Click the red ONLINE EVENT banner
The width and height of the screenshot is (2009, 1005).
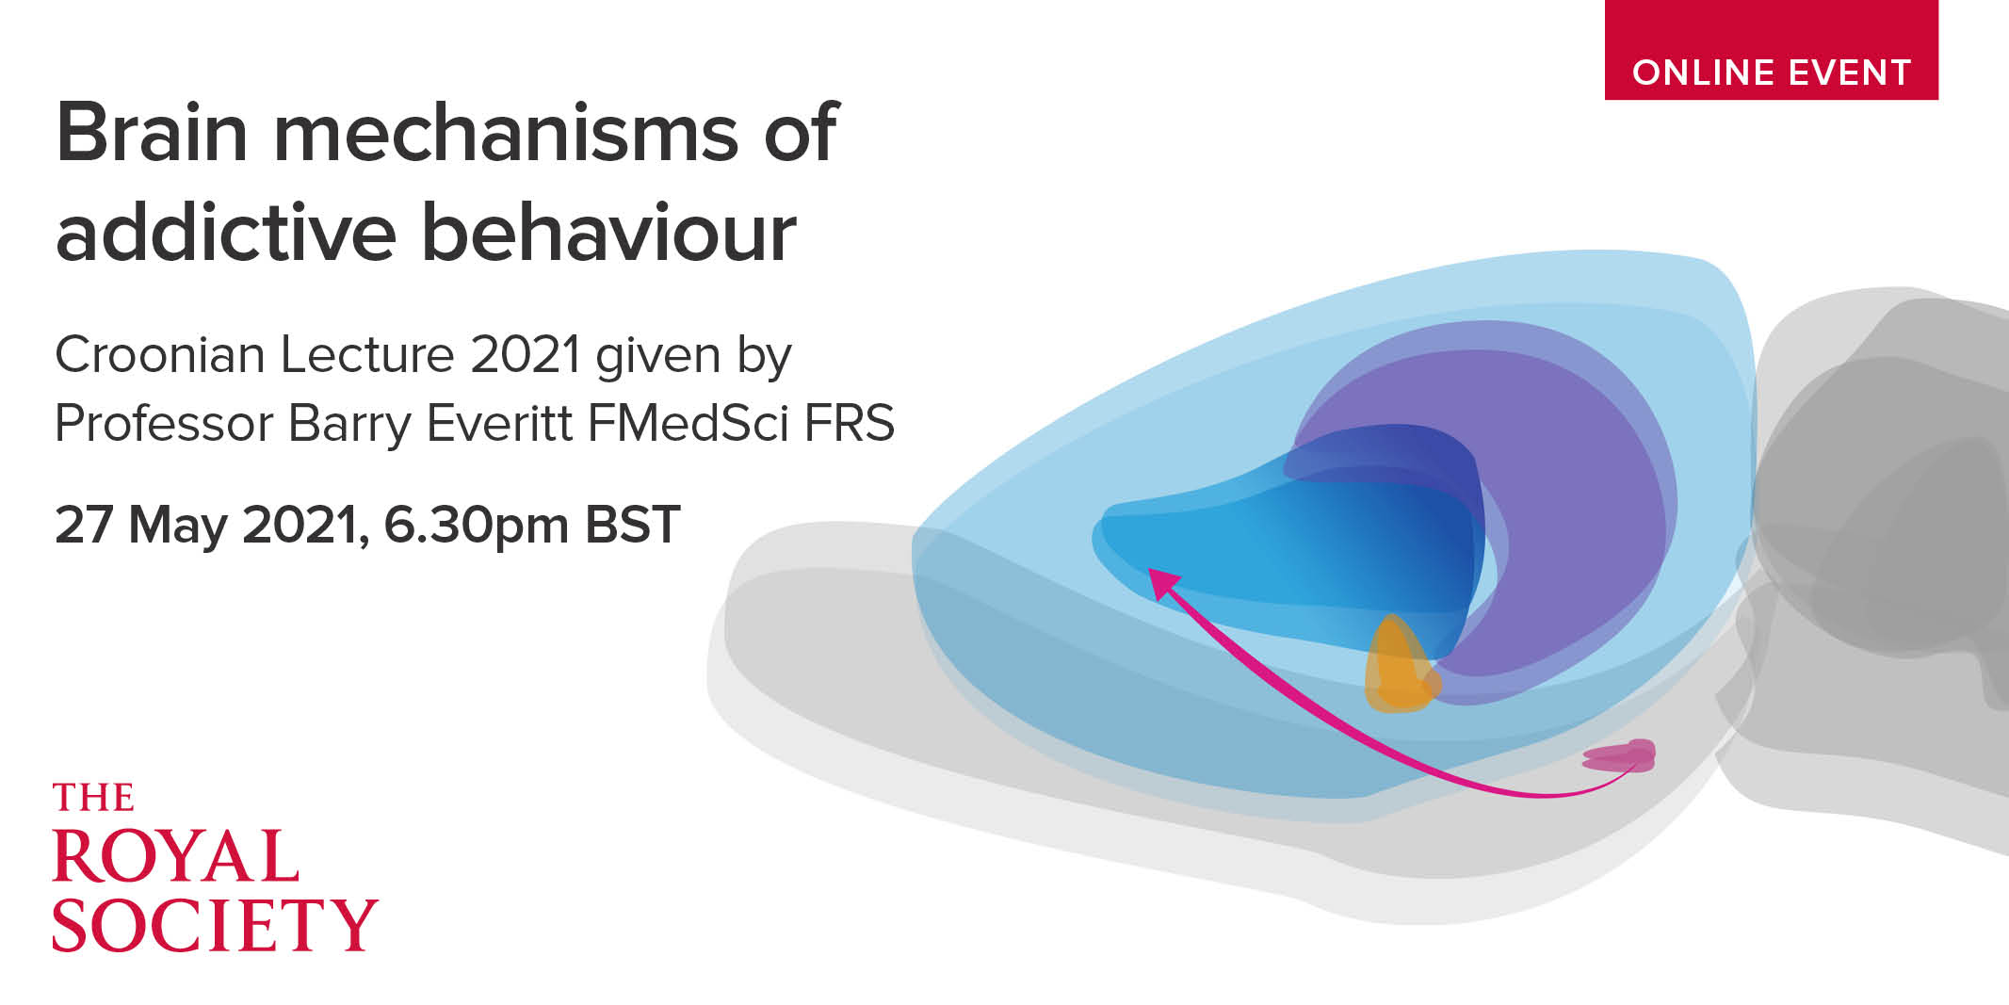(x=1771, y=49)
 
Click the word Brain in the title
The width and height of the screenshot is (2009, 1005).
(x=153, y=133)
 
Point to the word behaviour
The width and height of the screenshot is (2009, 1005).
(x=608, y=232)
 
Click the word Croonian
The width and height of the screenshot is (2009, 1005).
(x=160, y=356)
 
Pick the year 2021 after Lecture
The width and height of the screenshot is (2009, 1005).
(x=526, y=356)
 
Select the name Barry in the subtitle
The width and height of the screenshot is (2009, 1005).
(x=350, y=425)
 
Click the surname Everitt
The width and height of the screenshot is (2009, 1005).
(x=500, y=423)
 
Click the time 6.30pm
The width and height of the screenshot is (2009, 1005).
(x=477, y=526)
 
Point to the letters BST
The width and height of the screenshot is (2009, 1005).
(x=632, y=524)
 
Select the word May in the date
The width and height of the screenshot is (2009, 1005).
(x=178, y=526)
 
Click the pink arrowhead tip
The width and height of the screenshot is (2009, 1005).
(x=1150, y=570)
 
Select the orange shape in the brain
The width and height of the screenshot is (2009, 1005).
(x=1401, y=665)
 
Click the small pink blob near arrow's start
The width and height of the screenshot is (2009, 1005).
(x=1620, y=755)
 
